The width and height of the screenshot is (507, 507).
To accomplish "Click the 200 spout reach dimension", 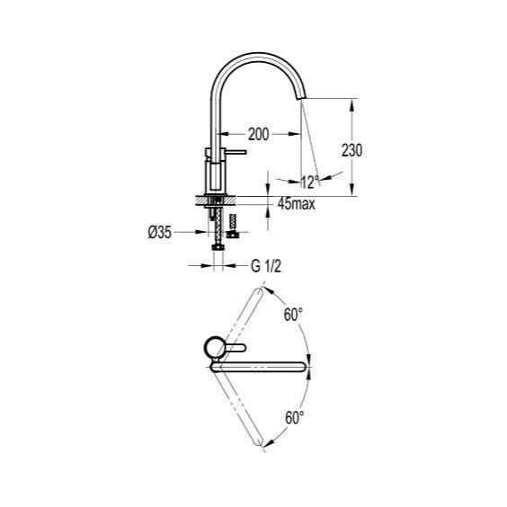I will (258, 134).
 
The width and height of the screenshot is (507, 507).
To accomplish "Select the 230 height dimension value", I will (352, 150).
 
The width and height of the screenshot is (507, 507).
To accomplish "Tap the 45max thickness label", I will (296, 205).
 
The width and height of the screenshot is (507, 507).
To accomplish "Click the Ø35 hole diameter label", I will (159, 232).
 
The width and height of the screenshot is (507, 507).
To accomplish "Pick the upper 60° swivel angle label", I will (293, 316).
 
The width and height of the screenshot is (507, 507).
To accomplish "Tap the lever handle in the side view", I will (236, 155).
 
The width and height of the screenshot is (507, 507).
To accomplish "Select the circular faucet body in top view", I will (214, 347).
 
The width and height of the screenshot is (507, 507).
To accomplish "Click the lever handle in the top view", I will (236, 347).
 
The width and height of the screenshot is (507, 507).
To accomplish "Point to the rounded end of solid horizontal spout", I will (306, 365).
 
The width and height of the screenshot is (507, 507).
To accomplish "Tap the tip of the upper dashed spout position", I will (262, 288).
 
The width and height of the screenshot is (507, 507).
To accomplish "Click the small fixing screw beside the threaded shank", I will (233, 225).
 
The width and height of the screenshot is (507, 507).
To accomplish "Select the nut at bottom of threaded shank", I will (216, 247).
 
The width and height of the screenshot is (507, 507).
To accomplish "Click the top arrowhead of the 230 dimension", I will (351, 102).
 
